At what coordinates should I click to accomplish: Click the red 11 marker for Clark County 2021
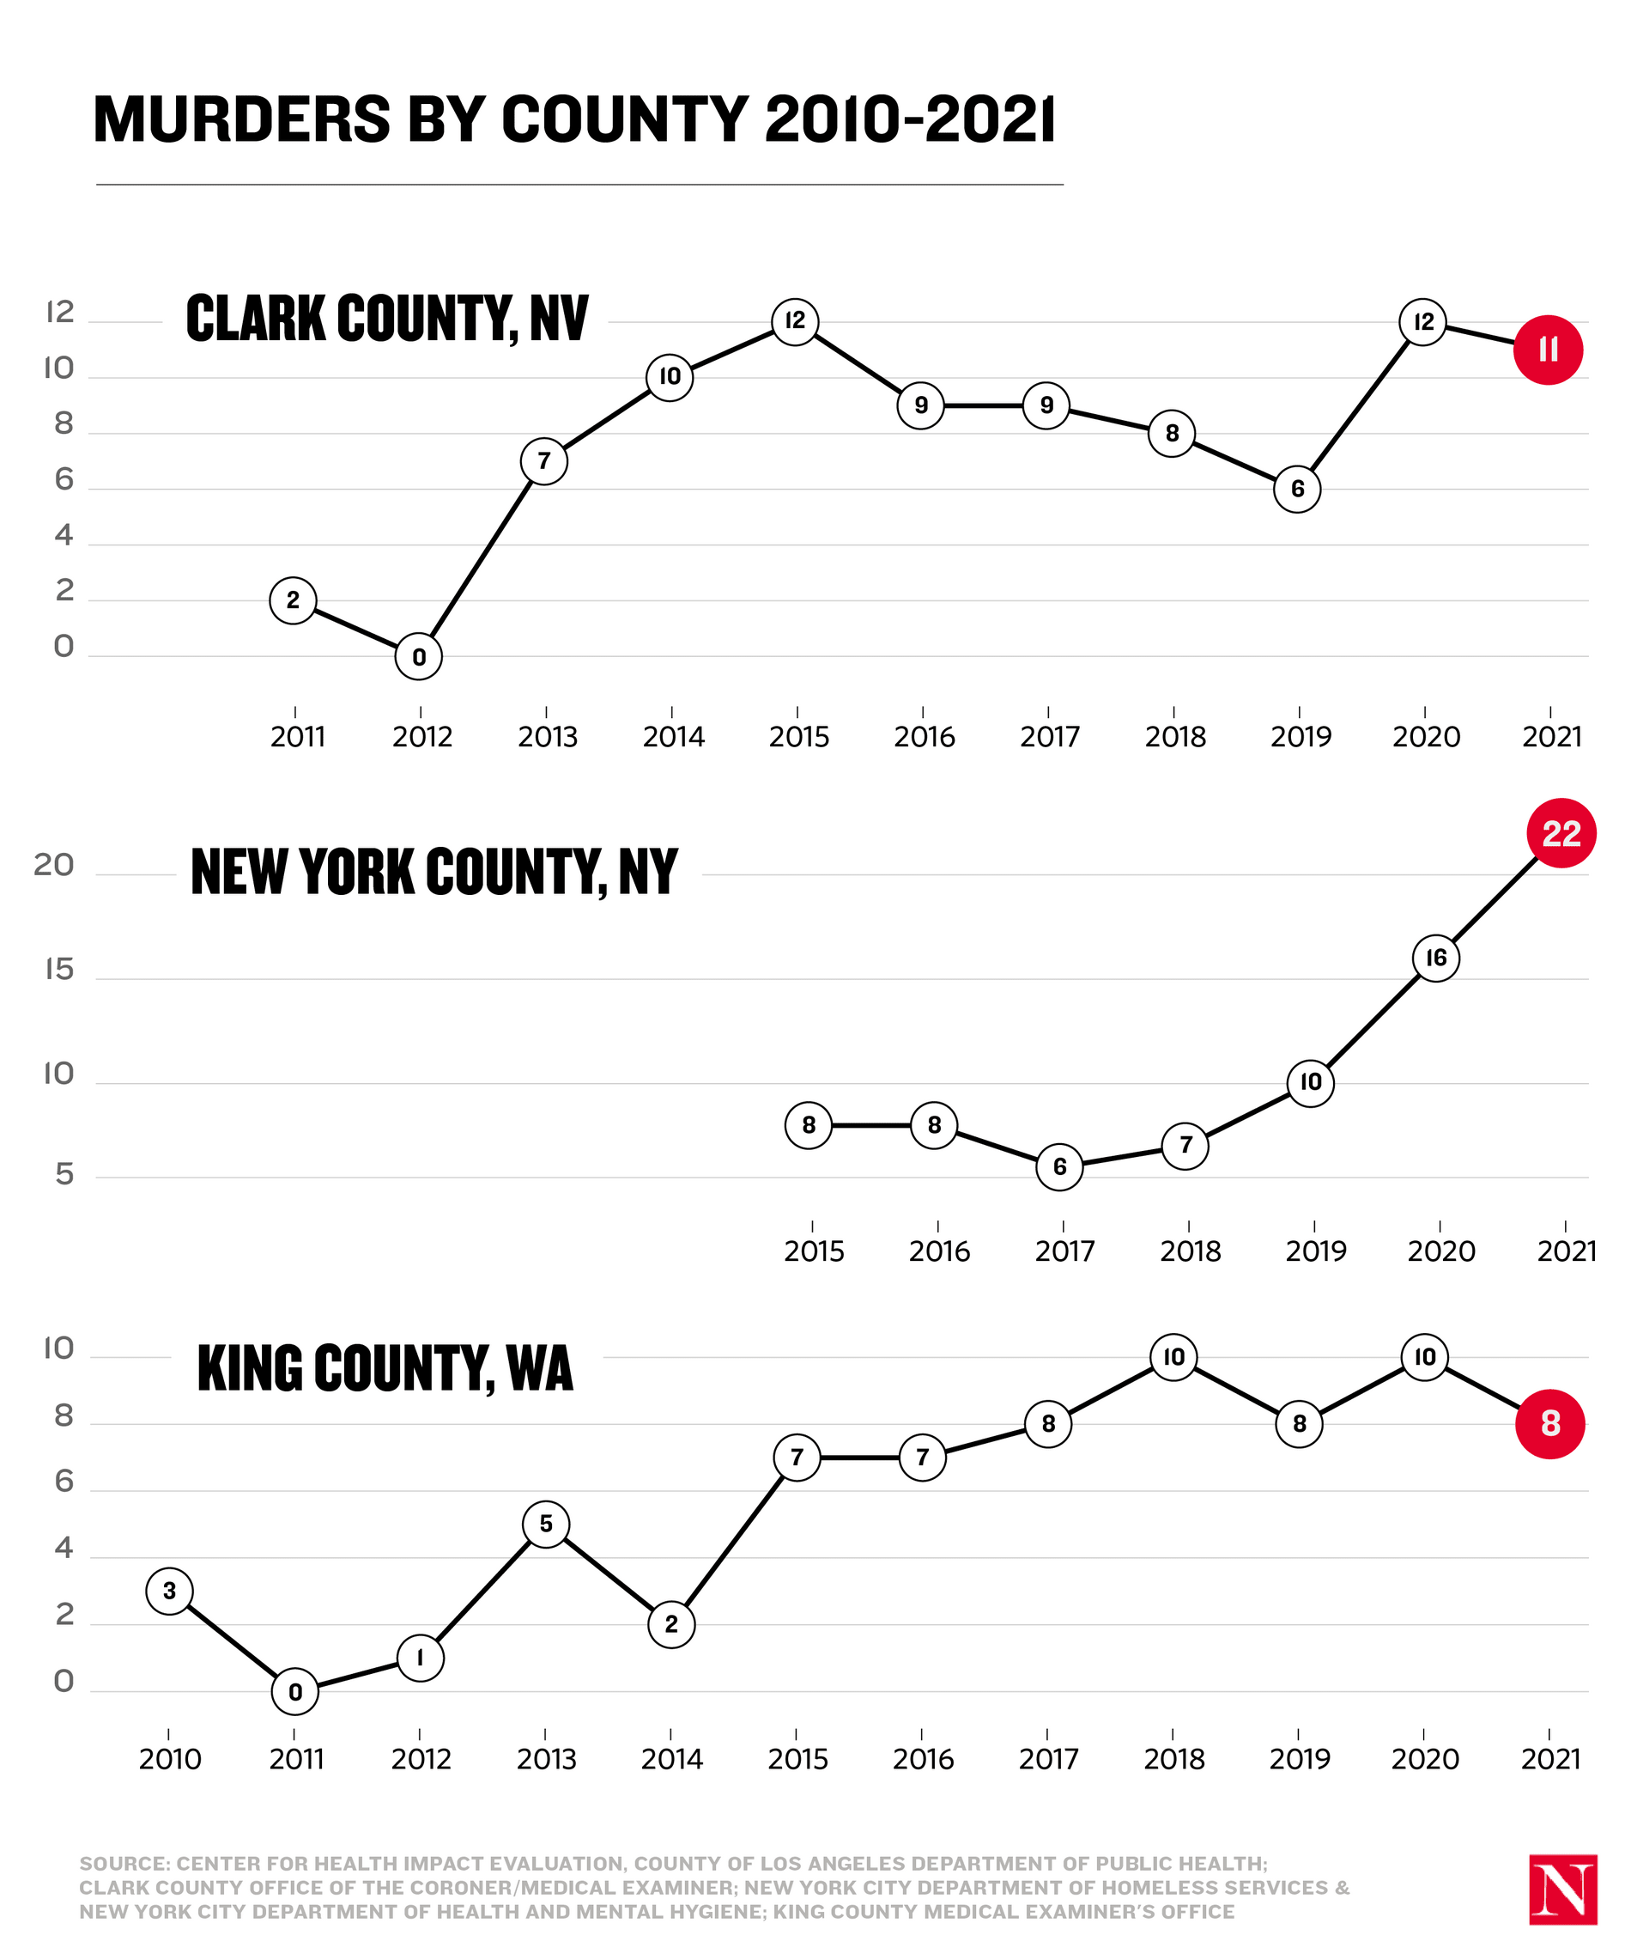pyautogui.click(x=1548, y=350)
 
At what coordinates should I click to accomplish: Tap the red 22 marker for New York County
pyautogui.click(x=1561, y=832)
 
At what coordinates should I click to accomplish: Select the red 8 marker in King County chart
pyautogui.click(x=1549, y=1423)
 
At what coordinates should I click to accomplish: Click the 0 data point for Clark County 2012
pyautogui.click(x=419, y=657)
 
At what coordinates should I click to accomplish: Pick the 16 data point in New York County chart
pyautogui.click(x=1436, y=958)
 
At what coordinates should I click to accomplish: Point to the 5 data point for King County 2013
pyautogui.click(x=546, y=1525)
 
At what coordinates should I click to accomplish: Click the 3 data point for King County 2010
pyautogui.click(x=169, y=1591)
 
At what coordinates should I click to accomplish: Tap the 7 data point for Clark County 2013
pyautogui.click(x=544, y=461)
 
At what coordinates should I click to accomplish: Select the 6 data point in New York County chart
pyautogui.click(x=1059, y=1166)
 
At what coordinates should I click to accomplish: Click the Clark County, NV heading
pyautogui.click(x=387, y=319)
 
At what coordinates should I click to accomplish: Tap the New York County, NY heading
pyautogui.click(x=434, y=872)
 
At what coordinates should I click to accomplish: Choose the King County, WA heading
pyautogui.click(x=385, y=1369)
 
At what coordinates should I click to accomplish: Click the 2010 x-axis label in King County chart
pyautogui.click(x=170, y=1759)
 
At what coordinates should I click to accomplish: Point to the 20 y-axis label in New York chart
pyautogui.click(x=53, y=866)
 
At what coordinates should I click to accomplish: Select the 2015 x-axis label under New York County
pyautogui.click(x=814, y=1251)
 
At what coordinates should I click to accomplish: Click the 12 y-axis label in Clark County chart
pyautogui.click(x=58, y=313)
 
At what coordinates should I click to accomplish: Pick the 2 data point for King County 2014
pyautogui.click(x=671, y=1624)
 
